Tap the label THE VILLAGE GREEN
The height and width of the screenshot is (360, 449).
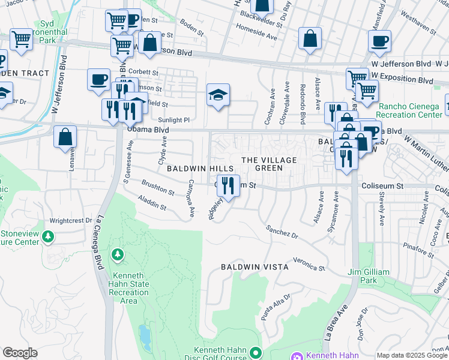(269, 164)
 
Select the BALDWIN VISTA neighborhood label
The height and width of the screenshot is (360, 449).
(255, 266)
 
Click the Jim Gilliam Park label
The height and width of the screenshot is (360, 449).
(369, 276)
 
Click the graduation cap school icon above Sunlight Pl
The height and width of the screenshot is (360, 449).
(218, 95)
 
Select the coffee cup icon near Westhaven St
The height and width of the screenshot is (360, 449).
(379, 41)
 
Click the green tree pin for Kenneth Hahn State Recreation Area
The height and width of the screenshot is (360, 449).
(118, 256)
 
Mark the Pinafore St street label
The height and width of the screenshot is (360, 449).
(418, 247)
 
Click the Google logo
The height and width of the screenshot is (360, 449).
(20, 353)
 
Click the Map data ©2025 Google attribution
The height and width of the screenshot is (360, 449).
(411, 355)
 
